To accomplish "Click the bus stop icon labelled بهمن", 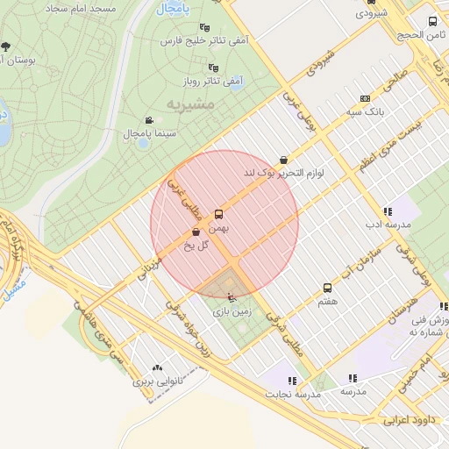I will [218, 214].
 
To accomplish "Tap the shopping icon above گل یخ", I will [194, 232].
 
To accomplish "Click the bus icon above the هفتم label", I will [328, 288].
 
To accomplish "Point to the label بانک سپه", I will [365, 112].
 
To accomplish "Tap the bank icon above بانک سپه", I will [365, 99].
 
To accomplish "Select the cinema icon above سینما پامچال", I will [149, 120].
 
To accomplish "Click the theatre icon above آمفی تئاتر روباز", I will [212, 68].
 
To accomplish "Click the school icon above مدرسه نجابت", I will [292, 381].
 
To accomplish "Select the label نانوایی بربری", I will [156, 382].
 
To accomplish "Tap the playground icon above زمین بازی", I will [231, 298].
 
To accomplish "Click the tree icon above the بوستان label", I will [6, 46].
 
